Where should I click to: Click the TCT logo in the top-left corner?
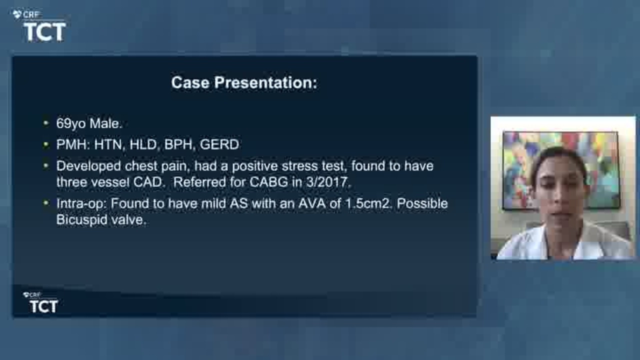click(39, 26)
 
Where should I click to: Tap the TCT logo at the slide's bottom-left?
click(41, 302)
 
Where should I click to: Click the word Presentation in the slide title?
click(265, 83)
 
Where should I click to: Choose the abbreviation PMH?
click(71, 144)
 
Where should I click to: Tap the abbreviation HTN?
click(108, 144)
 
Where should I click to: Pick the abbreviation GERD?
click(219, 144)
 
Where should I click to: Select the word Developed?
click(88, 166)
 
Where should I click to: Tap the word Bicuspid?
click(81, 220)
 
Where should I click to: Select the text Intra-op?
click(81, 204)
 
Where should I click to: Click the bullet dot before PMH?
click(45, 144)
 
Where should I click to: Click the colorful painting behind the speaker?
click(561, 170)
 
